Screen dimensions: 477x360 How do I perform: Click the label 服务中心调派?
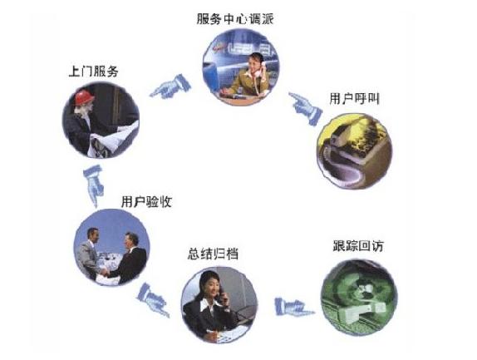(x=235, y=19)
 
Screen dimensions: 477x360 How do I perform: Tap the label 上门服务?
(x=93, y=72)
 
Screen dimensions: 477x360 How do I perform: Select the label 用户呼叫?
(x=354, y=99)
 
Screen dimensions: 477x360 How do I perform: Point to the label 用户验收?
(x=146, y=201)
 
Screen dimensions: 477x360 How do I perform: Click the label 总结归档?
(x=213, y=254)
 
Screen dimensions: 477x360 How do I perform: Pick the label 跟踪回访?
(x=358, y=246)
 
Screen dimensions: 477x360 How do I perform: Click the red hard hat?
(x=84, y=97)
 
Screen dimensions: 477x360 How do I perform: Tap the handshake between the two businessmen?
(x=105, y=272)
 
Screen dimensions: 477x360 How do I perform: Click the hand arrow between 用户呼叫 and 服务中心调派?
(x=305, y=108)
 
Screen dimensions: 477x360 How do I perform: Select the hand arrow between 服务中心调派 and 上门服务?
(x=170, y=86)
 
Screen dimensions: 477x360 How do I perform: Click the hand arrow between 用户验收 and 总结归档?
(x=153, y=299)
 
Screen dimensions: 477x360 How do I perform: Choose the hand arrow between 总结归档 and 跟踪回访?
(x=293, y=307)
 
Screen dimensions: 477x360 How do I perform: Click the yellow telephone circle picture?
(x=354, y=151)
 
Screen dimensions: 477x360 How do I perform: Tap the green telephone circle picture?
(x=359, y=298)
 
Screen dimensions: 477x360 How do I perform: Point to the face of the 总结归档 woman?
(x=212, y=288)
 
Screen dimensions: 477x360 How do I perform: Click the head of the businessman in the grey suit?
(x=92, y=235)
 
